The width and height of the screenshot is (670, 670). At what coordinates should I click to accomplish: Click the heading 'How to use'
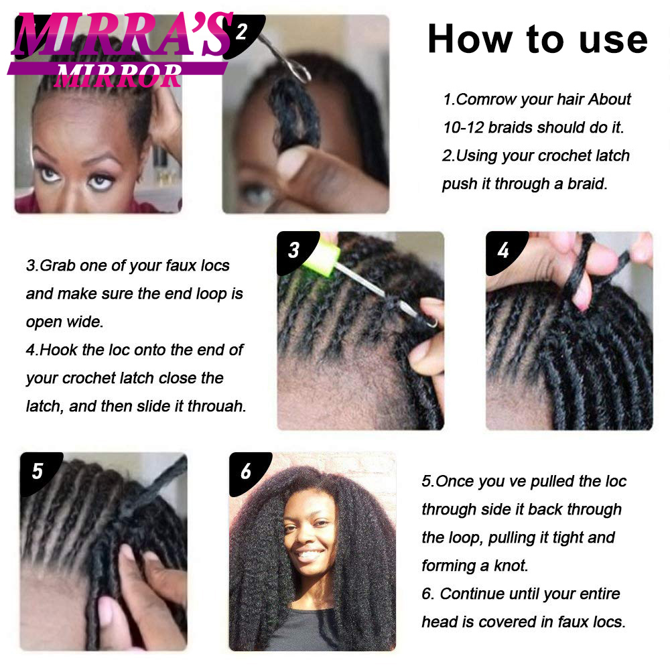click(x=537, y=39)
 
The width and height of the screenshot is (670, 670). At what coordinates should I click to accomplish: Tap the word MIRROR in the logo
click(x=119, y=76)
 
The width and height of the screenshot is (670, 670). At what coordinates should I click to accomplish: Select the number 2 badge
click(x=243, y=32)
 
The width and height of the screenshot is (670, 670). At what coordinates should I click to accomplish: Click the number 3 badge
click(x=294, y=250)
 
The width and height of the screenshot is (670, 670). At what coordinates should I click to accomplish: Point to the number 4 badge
click(x=503, y=250)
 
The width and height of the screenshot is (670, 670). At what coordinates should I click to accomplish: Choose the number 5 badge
click(x=38, y=471)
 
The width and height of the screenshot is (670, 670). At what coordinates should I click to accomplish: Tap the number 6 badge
click(x=246, y=471)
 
